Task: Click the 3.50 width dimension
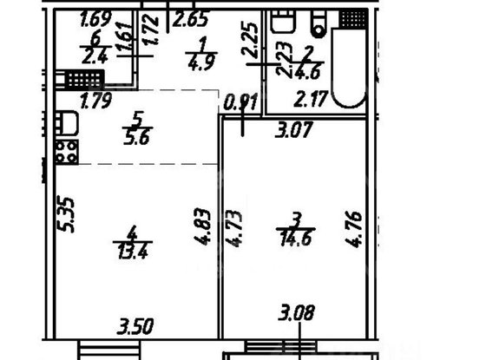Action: click(135, 328)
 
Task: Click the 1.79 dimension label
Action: click(97, 102)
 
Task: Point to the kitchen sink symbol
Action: click(66, 123)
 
